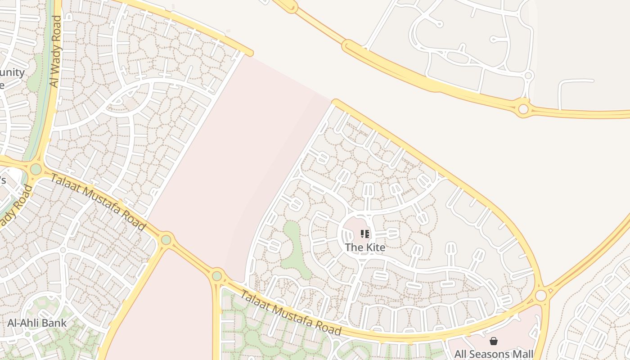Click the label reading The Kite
click(365, 247)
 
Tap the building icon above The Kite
click(365, 234)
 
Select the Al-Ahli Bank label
click(37, 323)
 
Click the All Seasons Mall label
click(494, 354)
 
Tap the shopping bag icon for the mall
click(494, 341)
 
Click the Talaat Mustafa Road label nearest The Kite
click(291, 313)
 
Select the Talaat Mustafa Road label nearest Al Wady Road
click(98, 202)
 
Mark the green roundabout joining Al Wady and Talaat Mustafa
click(36, 170)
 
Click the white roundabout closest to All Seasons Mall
click(540, 296)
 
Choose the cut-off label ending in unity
click(12, 72)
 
